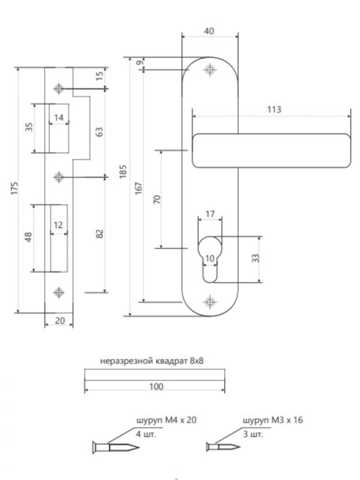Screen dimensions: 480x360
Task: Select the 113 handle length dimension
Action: tap(271, 109)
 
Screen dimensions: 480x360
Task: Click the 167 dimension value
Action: tap(138, 188)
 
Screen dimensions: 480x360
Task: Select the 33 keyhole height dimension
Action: tap(256, 258)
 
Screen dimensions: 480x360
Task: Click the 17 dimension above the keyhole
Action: tap(210, 214)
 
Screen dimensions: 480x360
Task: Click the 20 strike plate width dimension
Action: tap(59, 321)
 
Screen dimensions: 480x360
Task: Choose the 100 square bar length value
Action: tap(155, 386)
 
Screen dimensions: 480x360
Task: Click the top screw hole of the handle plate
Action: tap(209, 70)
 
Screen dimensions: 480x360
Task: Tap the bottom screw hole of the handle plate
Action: tap(209, 302)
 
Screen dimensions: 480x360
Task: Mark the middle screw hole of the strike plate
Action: tap(58, 176)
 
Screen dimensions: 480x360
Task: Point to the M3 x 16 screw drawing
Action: tap(223, 446)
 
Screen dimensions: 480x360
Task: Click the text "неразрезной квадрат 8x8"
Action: tap(153, 362)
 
